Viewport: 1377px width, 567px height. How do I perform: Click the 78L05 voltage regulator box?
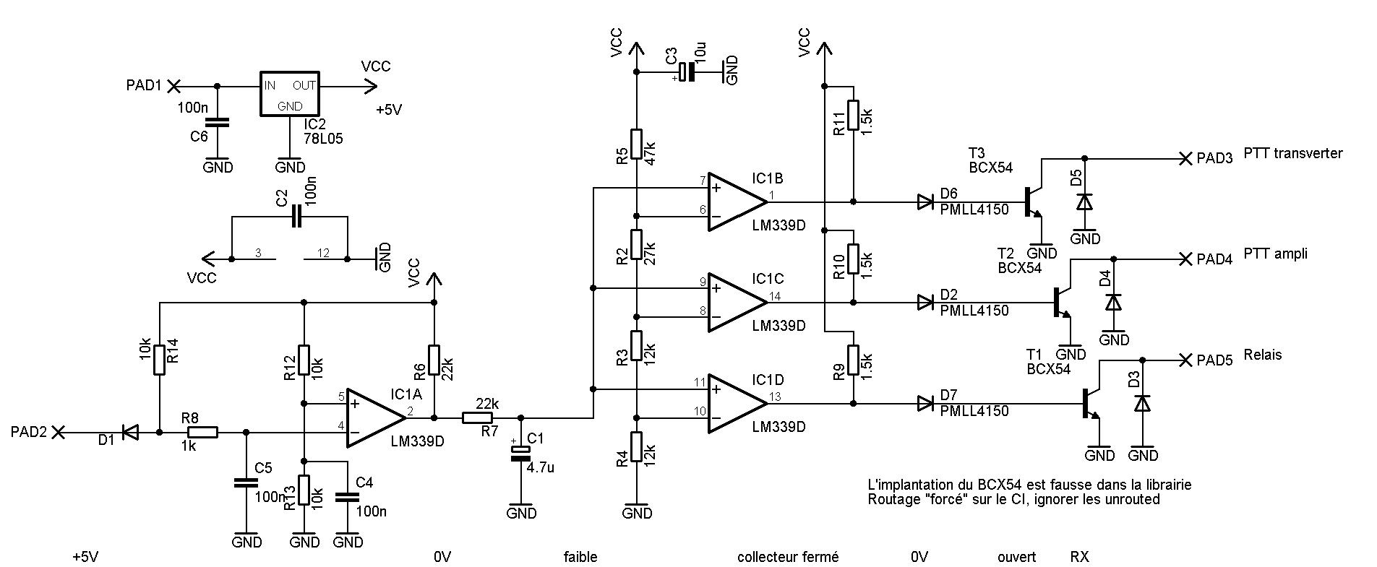290,94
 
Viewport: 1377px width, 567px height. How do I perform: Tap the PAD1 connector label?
145,86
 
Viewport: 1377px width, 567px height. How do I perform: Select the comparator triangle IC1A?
374,418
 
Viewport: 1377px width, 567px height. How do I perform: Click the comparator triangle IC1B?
736,202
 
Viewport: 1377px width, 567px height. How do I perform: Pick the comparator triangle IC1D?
736,404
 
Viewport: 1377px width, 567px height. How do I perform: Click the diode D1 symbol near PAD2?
131,433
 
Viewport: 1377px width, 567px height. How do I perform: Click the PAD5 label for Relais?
1214,360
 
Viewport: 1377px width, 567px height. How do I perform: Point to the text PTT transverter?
1293,153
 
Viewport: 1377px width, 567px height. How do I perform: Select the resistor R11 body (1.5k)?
853,116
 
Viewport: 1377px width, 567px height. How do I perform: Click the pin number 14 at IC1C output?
775,296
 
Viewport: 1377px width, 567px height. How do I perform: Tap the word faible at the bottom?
580,557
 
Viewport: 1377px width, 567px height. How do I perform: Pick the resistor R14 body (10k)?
159,358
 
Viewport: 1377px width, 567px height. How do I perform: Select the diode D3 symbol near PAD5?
1142,404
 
